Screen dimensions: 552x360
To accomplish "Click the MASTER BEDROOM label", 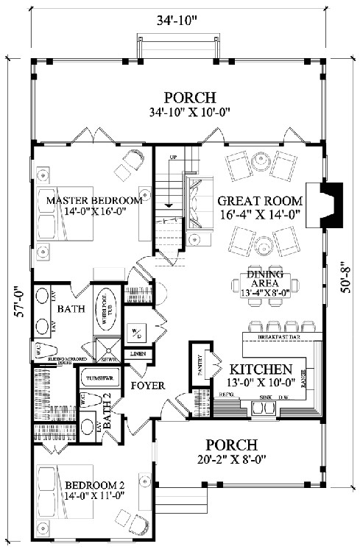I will [x=93, y=200].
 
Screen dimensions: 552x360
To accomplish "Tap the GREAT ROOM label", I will [x=260, y=200].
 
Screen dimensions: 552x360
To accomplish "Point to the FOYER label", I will [x=147, y=385].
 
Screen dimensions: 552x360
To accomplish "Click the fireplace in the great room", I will [x=333, y=198].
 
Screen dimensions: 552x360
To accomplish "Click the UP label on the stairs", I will [x=174, y=158].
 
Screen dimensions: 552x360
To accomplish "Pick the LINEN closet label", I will [x=138, y=355].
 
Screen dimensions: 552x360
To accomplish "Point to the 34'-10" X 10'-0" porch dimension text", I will [x=189, y=113].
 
